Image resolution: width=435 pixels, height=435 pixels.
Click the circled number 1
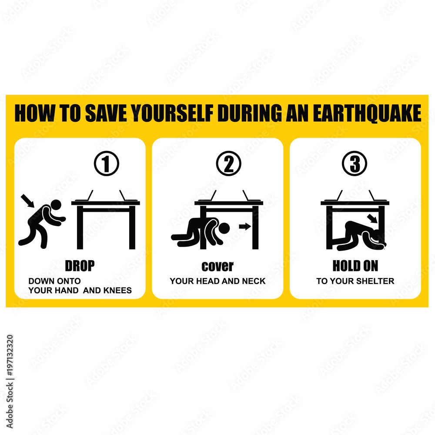click(106, 164)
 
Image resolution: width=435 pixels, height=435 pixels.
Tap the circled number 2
click(228, 164)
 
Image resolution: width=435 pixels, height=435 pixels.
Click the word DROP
click(80, 266)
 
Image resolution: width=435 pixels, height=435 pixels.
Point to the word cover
click(217, 266)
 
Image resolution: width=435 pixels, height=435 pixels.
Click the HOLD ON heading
click(355, 266)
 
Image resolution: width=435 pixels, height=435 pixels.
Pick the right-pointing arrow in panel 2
click(245, 226)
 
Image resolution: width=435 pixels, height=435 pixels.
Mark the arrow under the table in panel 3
click(372, 217)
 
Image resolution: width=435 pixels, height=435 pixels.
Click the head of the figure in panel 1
click(55, 205)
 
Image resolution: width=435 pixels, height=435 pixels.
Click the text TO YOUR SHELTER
click(355, 281)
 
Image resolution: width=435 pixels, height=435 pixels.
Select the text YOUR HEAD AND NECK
click(217, 281)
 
